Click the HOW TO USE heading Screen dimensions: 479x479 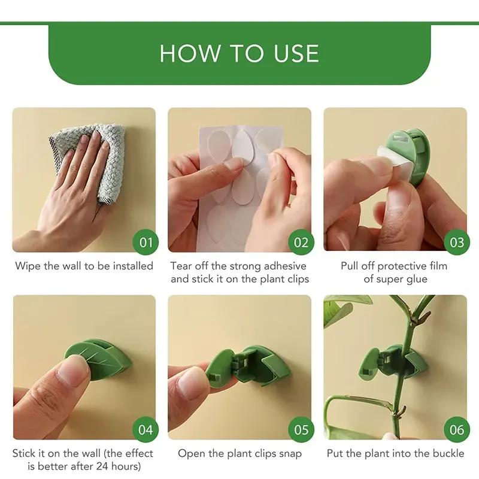239,53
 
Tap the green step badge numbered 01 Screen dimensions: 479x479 145,242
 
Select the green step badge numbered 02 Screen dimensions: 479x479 301,242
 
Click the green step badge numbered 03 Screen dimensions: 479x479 457,242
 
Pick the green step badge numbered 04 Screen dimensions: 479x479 145,430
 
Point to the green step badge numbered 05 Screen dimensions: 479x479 301,430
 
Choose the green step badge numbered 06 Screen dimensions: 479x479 457,430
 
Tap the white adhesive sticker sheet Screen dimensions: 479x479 234,174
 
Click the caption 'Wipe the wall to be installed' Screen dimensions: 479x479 84,266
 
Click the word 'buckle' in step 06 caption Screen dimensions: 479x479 447,454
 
